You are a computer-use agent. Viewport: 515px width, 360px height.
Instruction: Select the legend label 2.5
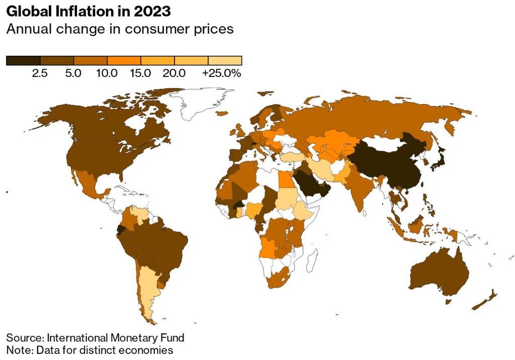pyautogui.click(x=40, y=73)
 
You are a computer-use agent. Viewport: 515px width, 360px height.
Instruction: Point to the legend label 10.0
pyautogui.click(x=107, y=73)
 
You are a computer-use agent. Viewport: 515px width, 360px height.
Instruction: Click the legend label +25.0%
pyautogui.click(x=222, y=73)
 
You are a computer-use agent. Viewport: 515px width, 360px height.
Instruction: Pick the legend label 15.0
pyautogui.click(x=140, y=73)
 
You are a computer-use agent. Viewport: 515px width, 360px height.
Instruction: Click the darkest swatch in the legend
pyautogui.click(x=23, y=61)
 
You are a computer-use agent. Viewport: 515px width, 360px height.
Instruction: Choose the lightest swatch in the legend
pyautogui.click(x=225, y=61)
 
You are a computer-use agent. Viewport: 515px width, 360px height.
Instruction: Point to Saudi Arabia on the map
pyautogui.click(x=309, y=181)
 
